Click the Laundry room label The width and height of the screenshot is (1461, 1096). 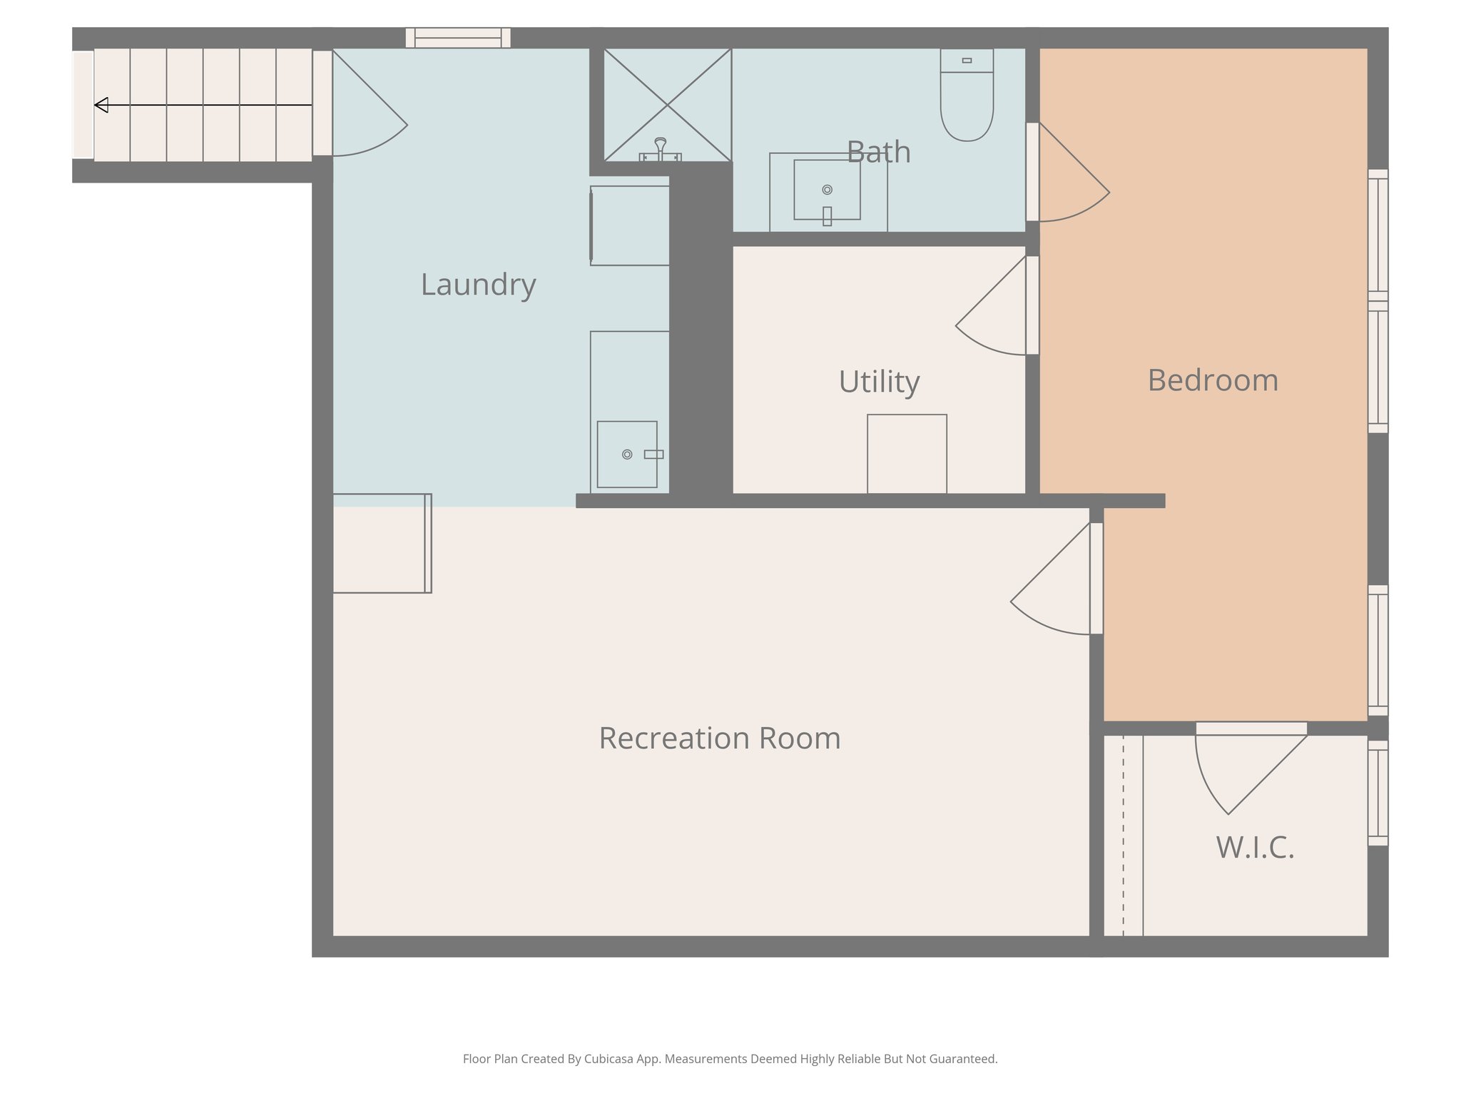coord(478,285)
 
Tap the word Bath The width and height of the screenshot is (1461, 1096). coord(878,153)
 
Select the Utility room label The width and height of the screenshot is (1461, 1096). coord(879,382)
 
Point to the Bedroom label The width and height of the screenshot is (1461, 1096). coord(1213,380)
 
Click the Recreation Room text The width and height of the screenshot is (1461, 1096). coord(719,739)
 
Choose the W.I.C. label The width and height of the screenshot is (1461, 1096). coord(1255,848)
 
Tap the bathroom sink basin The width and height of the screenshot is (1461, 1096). coord(827,190)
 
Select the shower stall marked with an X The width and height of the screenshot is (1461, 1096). coord(667,105)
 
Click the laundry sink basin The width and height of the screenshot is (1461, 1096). coord(627,455)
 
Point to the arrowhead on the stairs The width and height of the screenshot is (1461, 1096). coord(101,106)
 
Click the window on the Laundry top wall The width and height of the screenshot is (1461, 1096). coord(458,38)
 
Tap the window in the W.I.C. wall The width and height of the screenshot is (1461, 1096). coord(1378,793)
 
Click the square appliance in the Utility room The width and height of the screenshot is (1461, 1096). coord(907,454)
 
